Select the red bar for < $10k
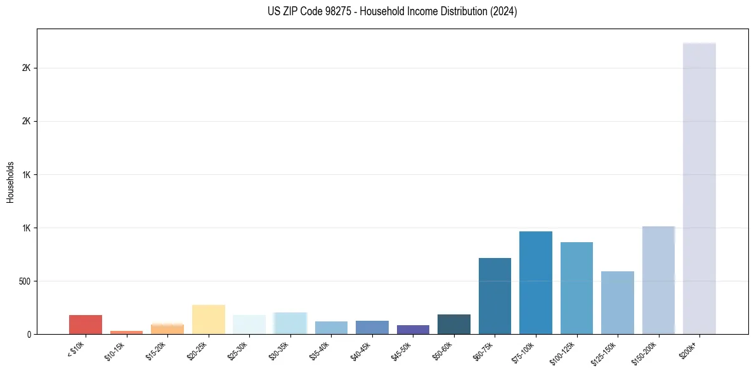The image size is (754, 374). click(x=86, y=325)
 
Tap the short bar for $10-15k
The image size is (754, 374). click(x=126, y=332)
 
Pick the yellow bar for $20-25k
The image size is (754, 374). click(x=208, y=319)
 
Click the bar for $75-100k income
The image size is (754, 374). click(x=535, y=283)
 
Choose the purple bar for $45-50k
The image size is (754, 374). click(x=413, y=330)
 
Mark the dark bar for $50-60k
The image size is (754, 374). click(x=453, y=324)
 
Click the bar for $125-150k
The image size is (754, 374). click(x=617, y=302)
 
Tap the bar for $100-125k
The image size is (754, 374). click(x=576, y=288)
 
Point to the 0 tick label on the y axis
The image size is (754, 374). click(x=28, y=334)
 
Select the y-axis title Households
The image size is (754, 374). click(x=10, y=181)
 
